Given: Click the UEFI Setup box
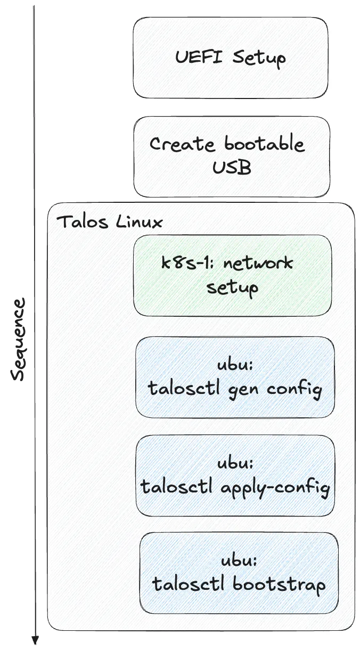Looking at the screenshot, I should coord(230,57).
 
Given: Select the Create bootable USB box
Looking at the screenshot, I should coord(232,157).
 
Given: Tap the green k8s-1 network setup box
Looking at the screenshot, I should coord(232,275).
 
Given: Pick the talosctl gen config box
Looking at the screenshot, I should coord(235,377).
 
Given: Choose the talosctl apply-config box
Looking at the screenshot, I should coord(235,475).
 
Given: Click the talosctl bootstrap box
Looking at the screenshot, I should coord(239,573).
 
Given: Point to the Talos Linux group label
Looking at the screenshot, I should coord(109,221).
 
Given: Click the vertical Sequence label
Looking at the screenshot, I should coord(19,340).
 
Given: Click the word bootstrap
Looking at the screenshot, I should coord(279,585).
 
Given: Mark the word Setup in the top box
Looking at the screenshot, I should coord(259,57).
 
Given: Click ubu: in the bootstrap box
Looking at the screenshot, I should coord(239,561).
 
